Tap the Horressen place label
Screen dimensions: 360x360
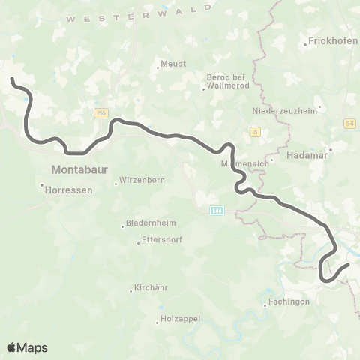tap(69, 190)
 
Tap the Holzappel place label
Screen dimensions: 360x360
tap(181, 319)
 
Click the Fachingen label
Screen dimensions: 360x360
tap(288, 302)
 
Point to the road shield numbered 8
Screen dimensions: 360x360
tap(256, 131)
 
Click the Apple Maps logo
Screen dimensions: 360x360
tap(27, 346)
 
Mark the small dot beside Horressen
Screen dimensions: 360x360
tap(42, 185)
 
